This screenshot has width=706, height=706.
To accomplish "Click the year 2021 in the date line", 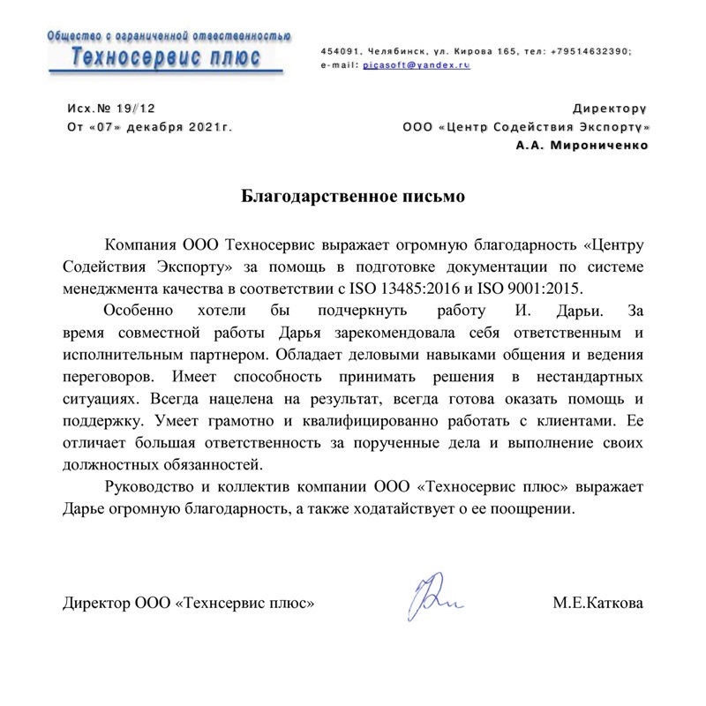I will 206,127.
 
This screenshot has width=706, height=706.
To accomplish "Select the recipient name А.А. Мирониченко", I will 583,146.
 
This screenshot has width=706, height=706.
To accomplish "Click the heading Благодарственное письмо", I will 353,196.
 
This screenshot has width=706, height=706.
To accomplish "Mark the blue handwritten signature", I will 436,593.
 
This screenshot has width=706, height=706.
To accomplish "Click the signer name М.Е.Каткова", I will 597,605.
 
